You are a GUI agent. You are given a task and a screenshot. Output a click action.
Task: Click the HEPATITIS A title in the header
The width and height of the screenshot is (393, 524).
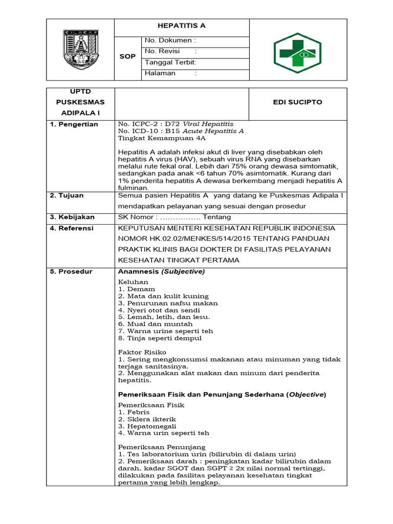182,26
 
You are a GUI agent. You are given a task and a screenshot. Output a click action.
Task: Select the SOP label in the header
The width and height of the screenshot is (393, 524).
127,57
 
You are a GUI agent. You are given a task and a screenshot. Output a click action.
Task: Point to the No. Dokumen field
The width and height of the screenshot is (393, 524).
170,40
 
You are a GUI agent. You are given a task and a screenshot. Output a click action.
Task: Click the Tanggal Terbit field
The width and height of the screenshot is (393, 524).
170,62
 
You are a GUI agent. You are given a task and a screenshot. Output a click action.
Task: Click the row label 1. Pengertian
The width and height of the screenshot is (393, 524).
74,124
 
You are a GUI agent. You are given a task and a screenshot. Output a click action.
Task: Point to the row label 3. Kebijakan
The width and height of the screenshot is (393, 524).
72,217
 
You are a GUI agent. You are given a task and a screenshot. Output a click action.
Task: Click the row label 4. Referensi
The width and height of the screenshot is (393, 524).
72,228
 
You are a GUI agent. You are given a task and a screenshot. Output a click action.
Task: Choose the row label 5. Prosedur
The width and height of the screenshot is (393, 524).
71,271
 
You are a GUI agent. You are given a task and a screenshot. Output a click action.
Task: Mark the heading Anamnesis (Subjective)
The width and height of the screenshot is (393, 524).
161,272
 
